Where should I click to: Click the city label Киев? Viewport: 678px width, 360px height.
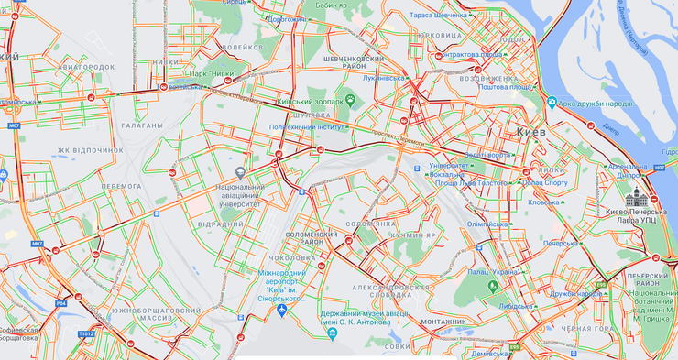(532, 132)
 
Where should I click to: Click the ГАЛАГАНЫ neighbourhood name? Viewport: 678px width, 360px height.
(141, 125)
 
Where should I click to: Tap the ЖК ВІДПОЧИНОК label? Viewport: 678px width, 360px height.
(90, 149)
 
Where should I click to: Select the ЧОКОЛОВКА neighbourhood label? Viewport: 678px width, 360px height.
(294, 258)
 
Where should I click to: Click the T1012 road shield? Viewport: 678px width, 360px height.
(86, 333)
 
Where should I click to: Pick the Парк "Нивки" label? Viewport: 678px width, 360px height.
(214, 73)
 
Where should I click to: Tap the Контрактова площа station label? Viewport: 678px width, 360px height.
(472, 54)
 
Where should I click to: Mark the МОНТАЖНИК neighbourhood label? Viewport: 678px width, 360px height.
(443, 322)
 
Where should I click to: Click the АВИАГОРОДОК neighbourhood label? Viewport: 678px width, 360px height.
(85, 67)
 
